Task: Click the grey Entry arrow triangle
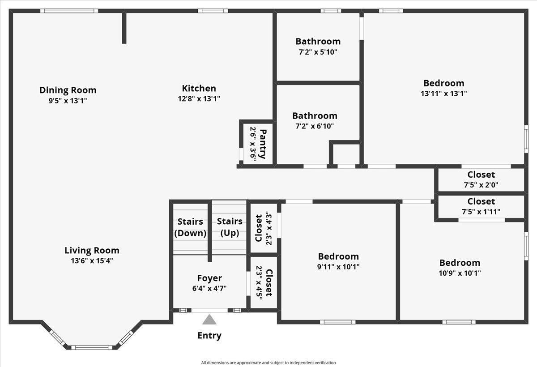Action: coord(209,320)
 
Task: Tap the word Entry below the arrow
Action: coord(209,336)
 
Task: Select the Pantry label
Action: coord(263,144)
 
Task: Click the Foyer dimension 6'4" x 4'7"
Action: coord(209,288)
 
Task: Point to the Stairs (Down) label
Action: coord(190,227)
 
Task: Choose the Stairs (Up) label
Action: coord(230,227)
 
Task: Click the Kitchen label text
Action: coord(199,88)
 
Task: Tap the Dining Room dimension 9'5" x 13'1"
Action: coord(68,101)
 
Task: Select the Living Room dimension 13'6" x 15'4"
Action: coord(92,260)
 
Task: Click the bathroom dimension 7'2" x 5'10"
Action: coord(318,52)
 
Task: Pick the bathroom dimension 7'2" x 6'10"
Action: coord(315,126)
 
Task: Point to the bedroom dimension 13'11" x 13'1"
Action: coord(444,94)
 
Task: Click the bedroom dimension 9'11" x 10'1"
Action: coord(338,267)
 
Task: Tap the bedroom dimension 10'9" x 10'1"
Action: coord(460,273)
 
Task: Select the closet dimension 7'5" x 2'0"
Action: coord(481,185)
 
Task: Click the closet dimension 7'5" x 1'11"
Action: coord(481,212)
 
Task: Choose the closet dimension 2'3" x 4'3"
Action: coord(269,228)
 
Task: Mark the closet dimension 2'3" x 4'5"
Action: coord(259,282)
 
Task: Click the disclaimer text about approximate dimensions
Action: coord(268,363)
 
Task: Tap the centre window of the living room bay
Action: coord(92,348)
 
